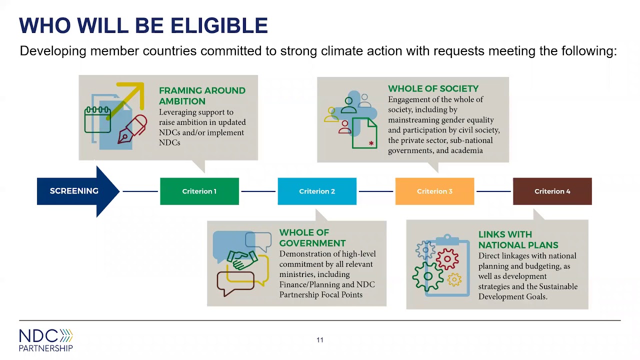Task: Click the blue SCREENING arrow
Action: pyautogui.click(x=75, y=191)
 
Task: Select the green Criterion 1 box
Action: pyautogui.click(x=199, y=191)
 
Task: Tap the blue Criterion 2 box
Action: pyautogui.click(x=317, y=191)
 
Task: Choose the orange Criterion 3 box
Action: pyautogui.click(x=434, y=191)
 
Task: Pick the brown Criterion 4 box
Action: pyautogui.click(x=552, y=191)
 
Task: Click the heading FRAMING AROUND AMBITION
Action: pyautogui.click(x=202, y=95)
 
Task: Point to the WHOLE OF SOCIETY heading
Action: pyautogui.click(x=433, y=88)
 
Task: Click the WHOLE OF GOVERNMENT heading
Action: pyautogui.click(x=312, y=237)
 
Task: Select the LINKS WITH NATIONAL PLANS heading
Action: pyautogui.click(x=518, y=239)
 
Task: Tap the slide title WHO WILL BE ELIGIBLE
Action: pyautogui.click(x=143, y=25)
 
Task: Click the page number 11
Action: pyautogui.click(x=320, y=340)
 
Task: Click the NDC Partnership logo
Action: pyautogui.click(x=46, y=340)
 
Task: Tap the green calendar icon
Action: pyautogui.click(x=97, y=119)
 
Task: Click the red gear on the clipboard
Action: pyautogui.click(x=447, y=259)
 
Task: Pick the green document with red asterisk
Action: pyautogui.click(x=364, y=133)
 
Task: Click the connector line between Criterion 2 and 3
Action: pyautogui.click(x=376, y=191)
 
